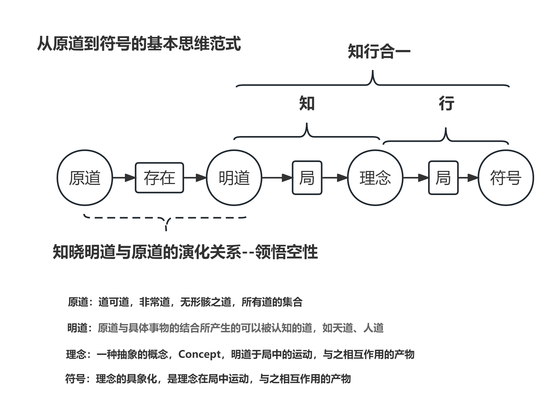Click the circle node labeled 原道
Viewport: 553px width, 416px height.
85,178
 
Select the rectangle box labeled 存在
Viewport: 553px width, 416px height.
159,178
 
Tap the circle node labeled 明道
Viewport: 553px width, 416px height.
234,178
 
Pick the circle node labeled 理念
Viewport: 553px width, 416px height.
375,178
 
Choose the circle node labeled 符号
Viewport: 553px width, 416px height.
506,178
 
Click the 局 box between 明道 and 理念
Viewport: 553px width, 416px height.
307,178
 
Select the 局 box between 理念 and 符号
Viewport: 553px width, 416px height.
443,178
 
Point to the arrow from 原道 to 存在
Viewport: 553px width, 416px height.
123,178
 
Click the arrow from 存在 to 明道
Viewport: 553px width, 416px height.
195,178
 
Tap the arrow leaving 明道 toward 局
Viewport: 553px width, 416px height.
277,178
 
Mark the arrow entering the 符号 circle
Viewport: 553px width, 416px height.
468,178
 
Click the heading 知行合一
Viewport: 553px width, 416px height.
379,52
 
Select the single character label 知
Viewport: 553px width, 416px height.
307,103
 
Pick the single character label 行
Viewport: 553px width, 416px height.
446,103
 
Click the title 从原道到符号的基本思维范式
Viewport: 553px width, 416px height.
139,44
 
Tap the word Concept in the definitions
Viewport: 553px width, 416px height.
200,354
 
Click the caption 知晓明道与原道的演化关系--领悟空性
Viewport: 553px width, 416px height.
185,252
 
